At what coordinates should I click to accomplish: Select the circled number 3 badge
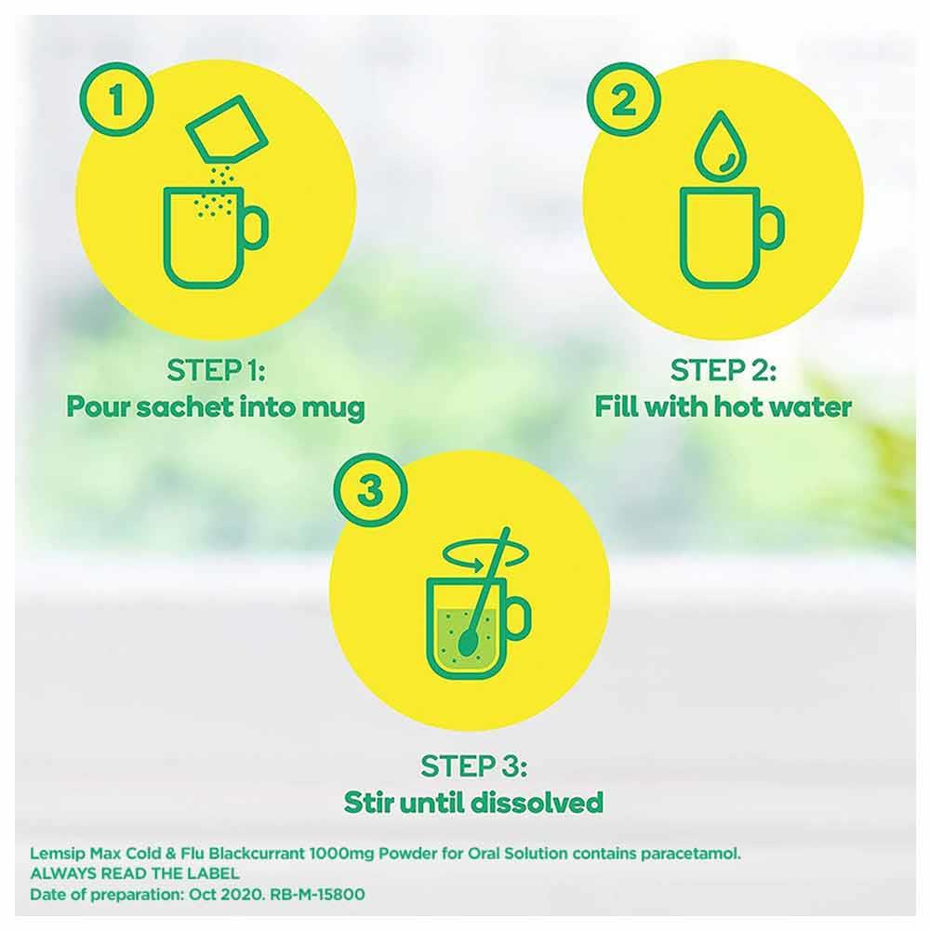click(x=368, y=490)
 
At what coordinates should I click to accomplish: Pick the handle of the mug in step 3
click(x=515, y=618)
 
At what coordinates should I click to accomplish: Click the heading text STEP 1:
click(x=217, y=371)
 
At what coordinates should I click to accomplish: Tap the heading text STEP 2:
click(x=723, y=371)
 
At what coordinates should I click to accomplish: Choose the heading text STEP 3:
click(x=473, y=767)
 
